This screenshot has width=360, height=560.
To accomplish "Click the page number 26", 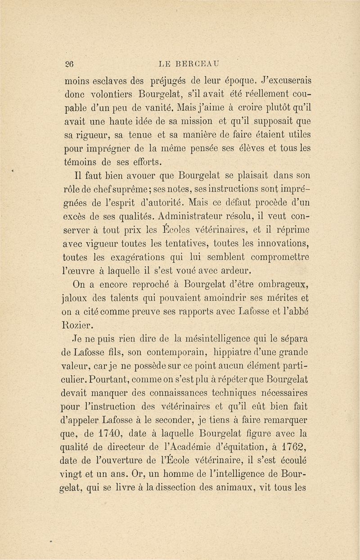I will point(70,63).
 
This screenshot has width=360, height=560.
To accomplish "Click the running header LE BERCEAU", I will point(192,63).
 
